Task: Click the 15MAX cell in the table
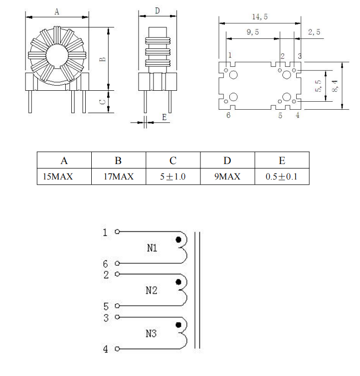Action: [58, 177]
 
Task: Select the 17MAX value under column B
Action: [119, 177]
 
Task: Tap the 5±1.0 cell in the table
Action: [173, 177]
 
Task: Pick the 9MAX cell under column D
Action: [227, 177]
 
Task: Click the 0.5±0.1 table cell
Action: [281, 177]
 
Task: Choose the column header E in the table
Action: [282, 161]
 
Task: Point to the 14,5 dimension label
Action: [260, 17]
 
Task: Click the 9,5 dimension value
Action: [253, 32]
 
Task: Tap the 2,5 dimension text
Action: [314, 32]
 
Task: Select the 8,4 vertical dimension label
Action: [335, 86]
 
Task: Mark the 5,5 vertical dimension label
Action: [318, 86]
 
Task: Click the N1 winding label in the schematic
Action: [152, 248]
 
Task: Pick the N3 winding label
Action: [151, 333]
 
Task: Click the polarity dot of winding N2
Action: [179, 282]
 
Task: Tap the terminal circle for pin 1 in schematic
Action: [117, 232]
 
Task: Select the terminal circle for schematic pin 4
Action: [117, 349]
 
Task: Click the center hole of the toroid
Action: [57, 56]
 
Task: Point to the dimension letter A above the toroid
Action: [57, 11]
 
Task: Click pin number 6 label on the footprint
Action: [228, 115]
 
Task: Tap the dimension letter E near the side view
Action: [164, 117]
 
